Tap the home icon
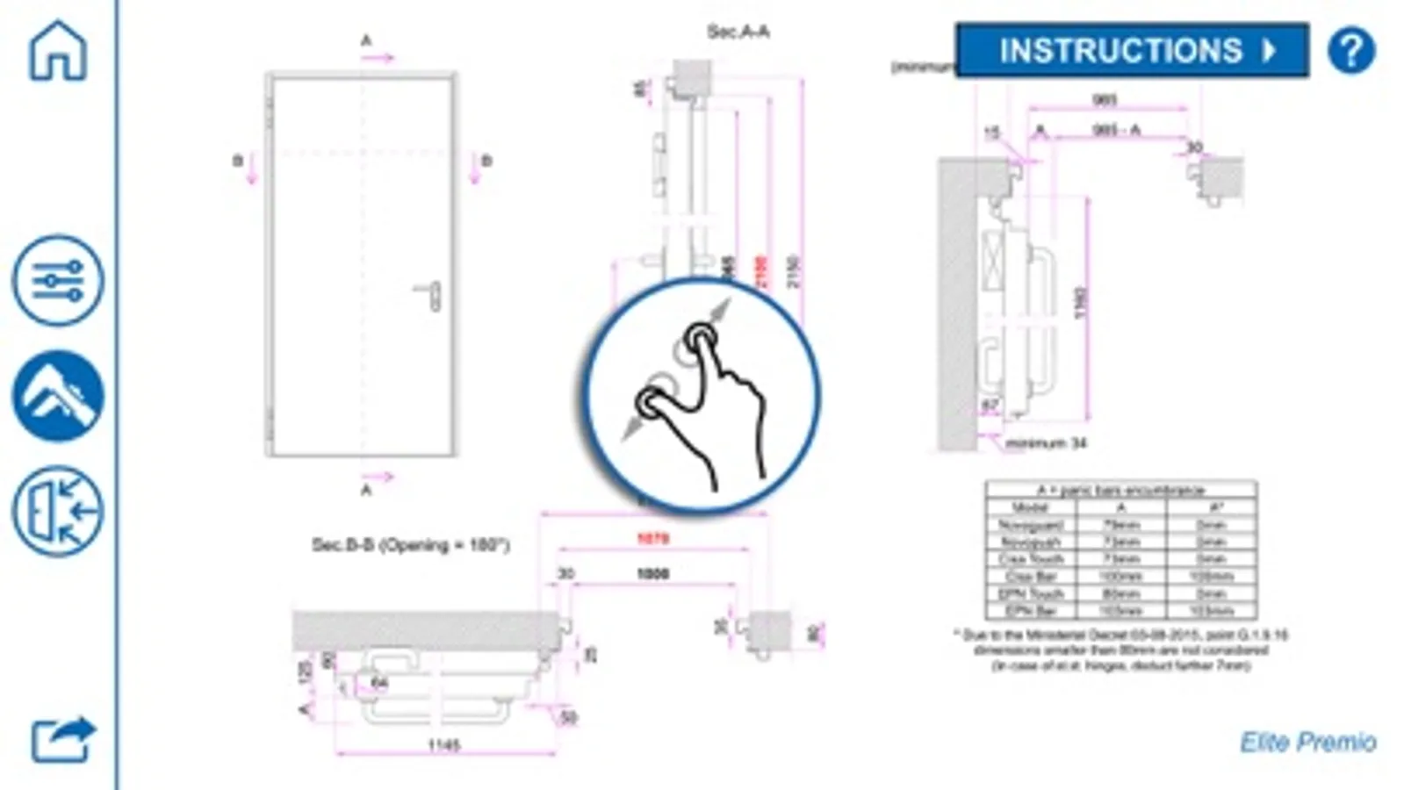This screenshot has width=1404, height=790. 58,51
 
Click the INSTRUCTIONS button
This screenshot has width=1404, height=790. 1131,50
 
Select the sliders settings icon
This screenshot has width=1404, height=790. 58,281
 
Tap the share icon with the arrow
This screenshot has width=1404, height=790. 61,739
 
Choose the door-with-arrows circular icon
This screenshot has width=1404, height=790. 58,512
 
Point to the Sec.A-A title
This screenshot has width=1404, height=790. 738,32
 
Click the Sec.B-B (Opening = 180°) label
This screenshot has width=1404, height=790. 410,545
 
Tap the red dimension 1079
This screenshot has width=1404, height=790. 652,539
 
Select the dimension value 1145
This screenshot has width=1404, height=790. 443,745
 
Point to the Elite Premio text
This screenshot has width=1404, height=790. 1307,743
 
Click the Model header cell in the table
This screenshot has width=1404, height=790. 1030,507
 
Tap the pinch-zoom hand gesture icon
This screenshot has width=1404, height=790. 700,395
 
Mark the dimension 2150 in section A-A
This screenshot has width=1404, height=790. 793,271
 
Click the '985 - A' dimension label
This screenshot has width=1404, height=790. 1116,130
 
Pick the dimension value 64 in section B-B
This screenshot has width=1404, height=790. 378,683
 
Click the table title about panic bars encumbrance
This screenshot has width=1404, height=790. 1120,490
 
